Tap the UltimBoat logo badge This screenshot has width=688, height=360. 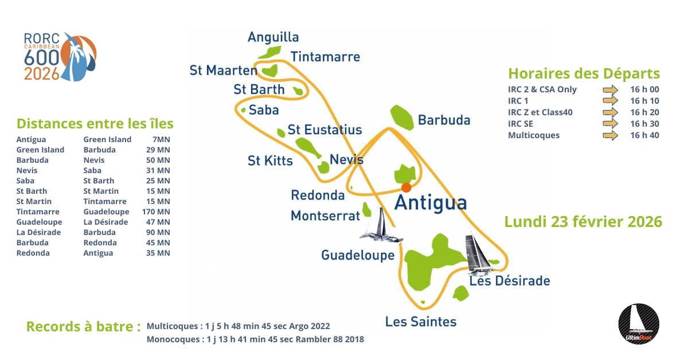[x=639, y=324]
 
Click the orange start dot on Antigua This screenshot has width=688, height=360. [x=406, y=187]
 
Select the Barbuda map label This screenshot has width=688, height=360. [x=444, y=120]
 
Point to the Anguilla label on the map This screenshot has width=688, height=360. [x=273, y=37]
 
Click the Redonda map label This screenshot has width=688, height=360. [x=318, y=195]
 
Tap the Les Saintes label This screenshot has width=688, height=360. [x=421, y=322]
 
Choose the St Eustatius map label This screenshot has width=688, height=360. [x=325, y=130]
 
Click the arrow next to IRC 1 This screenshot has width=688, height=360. [x=610, y=101]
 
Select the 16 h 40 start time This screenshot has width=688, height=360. [x=644, y=135]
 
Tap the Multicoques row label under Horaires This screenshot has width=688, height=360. [x=533, y=135]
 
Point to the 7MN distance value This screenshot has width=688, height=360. [x=161, y=139]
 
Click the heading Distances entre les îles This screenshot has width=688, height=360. [x=95, y=124]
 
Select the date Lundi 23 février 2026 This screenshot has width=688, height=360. [x=583, y=222]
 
